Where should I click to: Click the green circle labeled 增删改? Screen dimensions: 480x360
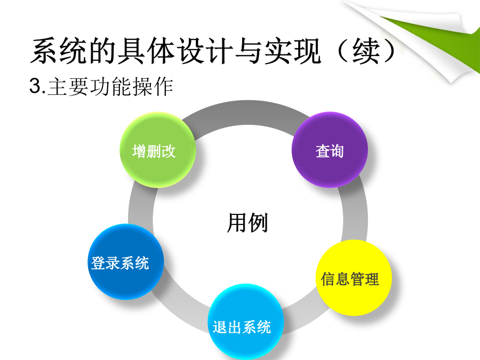coord(158,150)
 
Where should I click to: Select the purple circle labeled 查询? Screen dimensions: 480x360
coord(330,150)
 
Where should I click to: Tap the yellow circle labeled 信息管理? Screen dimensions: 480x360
coord(354,278)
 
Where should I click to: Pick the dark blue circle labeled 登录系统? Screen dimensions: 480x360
coord(126,262)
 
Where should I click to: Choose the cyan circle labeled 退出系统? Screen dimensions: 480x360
coord(246,322)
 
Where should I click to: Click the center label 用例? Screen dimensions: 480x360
coord(247,222)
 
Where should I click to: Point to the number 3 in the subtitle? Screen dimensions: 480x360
coord(35,85)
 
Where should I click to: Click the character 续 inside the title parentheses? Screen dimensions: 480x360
coord(366,51)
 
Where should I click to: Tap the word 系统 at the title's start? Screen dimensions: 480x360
coord(59,51)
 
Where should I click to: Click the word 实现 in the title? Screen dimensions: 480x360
coord(293,51)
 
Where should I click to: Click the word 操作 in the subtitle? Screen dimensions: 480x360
coord(153,86)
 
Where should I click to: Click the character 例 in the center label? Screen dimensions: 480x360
coord(258,222)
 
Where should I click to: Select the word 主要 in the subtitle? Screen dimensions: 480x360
coord(68,86)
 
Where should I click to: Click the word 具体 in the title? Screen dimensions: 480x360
coord(147,51)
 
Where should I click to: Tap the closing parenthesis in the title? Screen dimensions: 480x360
coord(389,51)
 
